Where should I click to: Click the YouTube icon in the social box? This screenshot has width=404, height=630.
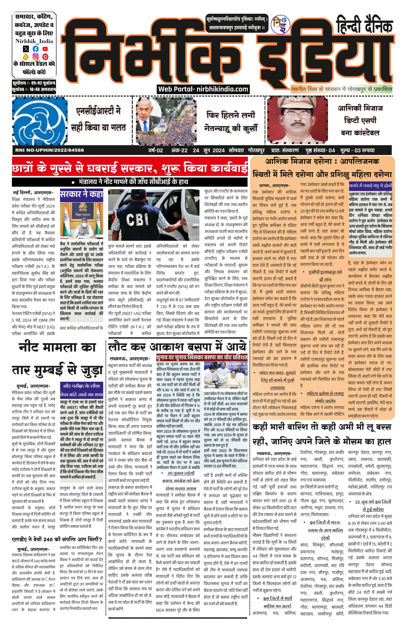click(x=45, y=49)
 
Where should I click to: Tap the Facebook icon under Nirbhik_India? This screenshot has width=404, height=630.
click(x=35, y=49)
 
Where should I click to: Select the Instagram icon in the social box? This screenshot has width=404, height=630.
click(x=35, y=56)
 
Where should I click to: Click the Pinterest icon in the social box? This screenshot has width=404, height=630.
click(x=45, y=56)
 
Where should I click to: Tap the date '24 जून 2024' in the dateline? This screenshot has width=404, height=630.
click(x=209, y=150)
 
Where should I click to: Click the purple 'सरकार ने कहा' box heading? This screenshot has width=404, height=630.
click(x=82, y=194)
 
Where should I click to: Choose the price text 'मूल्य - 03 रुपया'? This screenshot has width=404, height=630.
click(x=357, y=150)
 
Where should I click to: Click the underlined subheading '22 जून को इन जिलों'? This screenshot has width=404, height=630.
click(x=373, y=502)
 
